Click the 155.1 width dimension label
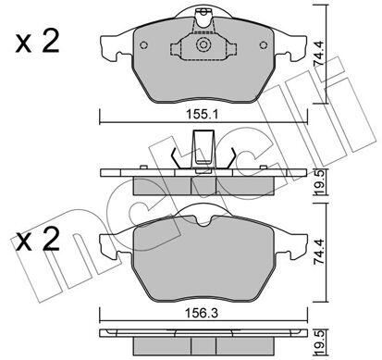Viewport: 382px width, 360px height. point(202,115)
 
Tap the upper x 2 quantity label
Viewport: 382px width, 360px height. point(37,43)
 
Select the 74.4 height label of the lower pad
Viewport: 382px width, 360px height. point(319,253)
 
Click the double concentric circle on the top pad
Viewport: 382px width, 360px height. point(203,44)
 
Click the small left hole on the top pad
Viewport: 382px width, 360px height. point(143,45)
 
